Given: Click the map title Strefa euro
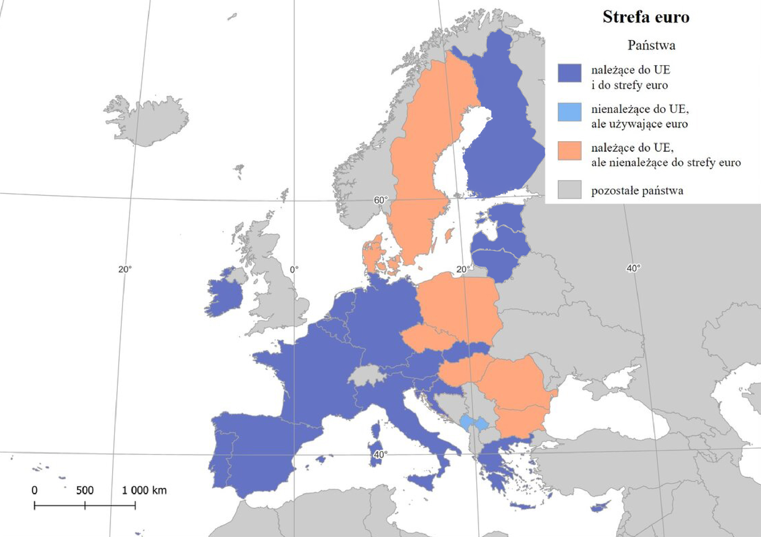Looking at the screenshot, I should pyautogui.click(x=646, y=17).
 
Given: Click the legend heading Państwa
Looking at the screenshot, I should pyautogui.click(x=651, y=45).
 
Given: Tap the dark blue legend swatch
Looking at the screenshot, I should pyautogui.click(x=569, y=73).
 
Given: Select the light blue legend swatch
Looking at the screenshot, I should pyautogui.click(x=569, y=112).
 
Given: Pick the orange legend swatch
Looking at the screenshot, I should pyautogui.click(x=569, y=151).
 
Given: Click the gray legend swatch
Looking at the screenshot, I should pyautogui.click(x=569, y=190).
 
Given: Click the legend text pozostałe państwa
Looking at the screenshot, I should pyautogui.click(x=637, y=191).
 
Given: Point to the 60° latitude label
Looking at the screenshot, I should pyautogui.click(x=380, y=200).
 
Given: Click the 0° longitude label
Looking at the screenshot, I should pyautogui.click(x=294, y=270).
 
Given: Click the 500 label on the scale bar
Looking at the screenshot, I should pyautogui.click(x=85, y=491).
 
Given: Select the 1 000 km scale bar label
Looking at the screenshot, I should pyautogui.click(x=144, y=491).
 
